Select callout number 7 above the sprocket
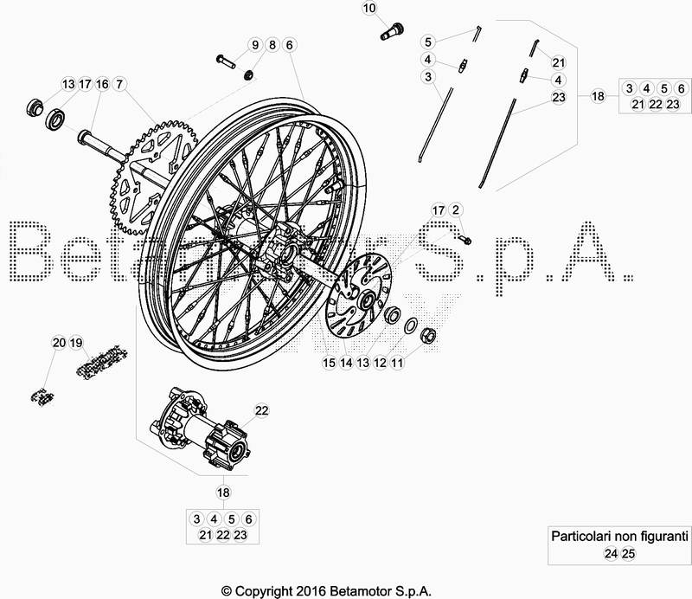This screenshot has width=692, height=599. (119, 84)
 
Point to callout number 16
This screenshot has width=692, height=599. (102, 84)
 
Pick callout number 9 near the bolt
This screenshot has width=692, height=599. (255, 45)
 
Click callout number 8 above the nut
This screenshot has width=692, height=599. (272, 45)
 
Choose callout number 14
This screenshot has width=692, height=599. (346, 364)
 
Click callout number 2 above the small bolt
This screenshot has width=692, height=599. (457, 210)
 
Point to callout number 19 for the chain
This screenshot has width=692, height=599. (76, 343)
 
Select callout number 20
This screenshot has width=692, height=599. (59, 343)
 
